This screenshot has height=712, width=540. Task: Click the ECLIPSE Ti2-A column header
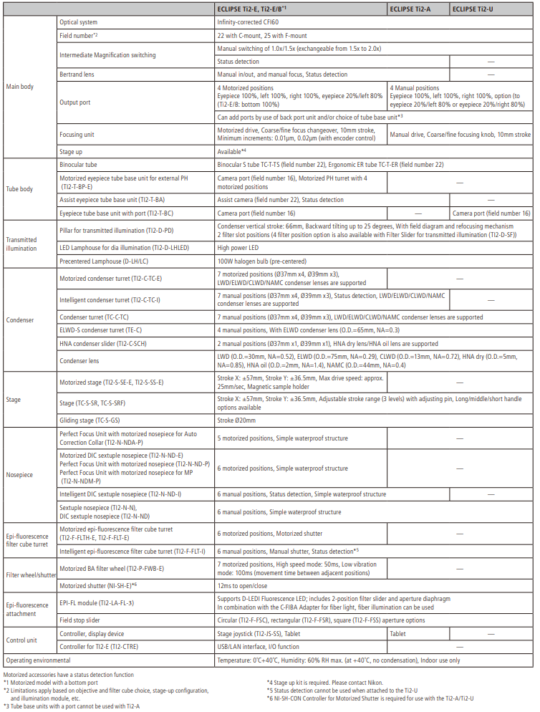pyautogui.click(x=410, y=9)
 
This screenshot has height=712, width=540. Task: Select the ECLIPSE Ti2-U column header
pyautogui.click(x=472, y=9)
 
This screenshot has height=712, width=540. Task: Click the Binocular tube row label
pyautogui.click(x=80, y=165)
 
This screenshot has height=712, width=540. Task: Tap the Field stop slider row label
pyautogui.click(x=80, y=620)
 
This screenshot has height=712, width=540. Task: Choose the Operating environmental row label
pyautogui.click(x=38, y=660)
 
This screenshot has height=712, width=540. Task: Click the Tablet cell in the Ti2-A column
pyautogui.click(x=398, y=634)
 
